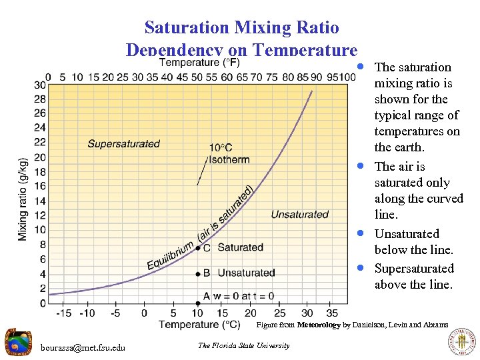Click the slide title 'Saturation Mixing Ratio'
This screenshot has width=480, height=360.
241,27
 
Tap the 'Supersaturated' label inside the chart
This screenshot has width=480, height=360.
124,143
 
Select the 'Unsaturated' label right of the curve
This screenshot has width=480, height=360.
299,214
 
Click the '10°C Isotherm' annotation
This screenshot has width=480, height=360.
229,153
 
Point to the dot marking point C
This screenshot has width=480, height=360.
198,247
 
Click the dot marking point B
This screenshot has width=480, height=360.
198,273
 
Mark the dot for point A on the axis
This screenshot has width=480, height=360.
198,303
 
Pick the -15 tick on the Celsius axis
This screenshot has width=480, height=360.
64,313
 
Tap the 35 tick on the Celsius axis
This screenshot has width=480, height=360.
332,313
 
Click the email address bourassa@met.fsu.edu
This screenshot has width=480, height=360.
83,347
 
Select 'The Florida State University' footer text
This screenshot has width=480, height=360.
244,345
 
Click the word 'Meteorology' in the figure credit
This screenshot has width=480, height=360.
319,325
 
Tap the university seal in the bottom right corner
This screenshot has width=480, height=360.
461,343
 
